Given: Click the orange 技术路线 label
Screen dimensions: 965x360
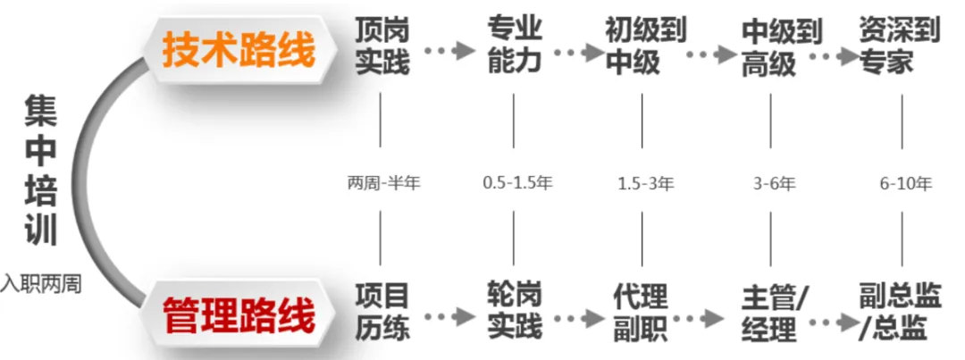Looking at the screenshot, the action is coord(239,51).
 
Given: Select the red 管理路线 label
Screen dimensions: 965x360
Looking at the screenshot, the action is coord(239,315).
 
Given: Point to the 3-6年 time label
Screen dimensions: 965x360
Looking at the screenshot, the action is coord(772,184).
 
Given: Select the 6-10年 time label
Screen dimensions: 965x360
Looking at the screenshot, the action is coord(904,184).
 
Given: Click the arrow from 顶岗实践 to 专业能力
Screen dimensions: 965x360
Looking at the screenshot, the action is coord(448,51).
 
